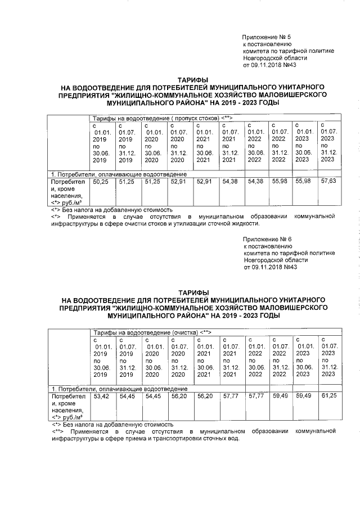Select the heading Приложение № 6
pos(267,238)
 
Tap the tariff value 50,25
pos(100,182)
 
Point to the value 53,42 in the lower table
pos(100,396)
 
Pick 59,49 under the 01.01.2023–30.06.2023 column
pos(303,396)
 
